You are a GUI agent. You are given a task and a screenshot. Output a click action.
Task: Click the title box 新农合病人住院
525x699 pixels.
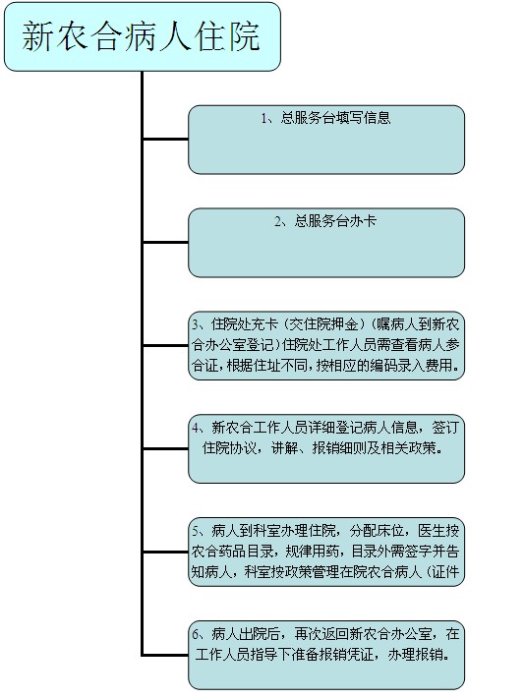pyautogui.click(x=143, y=36)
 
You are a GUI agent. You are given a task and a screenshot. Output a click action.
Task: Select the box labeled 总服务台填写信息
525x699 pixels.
pyautogui.click(x=326, y=140)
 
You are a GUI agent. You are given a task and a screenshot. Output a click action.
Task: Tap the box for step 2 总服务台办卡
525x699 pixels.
pyautogui.click(x=326, y=243)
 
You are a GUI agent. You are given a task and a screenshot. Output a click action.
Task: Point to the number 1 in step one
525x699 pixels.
pyautogui.click(x=264, y=118)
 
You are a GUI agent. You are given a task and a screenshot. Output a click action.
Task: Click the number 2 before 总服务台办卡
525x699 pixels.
pyautogui.click(x=278, y=221)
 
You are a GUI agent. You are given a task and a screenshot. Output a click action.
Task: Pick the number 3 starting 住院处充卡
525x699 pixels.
pyautogui.click(x=196, y=324)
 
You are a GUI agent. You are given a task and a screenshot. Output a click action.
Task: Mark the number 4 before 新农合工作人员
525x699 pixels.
pyautogui.click(x=196, y=428)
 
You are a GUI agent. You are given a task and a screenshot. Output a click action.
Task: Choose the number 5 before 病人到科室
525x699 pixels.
pyautogui.click(x=196, y=531)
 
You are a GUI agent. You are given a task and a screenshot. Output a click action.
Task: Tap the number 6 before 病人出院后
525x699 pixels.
pyautogui.click(x=196, y=634)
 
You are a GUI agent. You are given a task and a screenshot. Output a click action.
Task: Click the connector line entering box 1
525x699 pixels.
pyautogui.click(x=165, y=139)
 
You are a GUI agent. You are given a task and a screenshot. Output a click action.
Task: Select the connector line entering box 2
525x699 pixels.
pyautogui.click(x=165, y=243)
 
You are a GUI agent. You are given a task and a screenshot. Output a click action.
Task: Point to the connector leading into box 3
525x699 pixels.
pyautogui.click(x=165, y=345)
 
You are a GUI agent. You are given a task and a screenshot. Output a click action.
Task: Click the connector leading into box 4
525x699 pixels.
pyautogui.click(x=165, y=448)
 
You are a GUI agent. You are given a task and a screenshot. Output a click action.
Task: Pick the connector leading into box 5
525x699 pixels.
pyautogui.click(x=165, y=552)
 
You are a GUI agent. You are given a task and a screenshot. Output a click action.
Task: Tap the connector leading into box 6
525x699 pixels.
pyautogui.click(x=165, y=655)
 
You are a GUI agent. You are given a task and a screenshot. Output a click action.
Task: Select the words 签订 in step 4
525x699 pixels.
pyautogui.click(x=445, y=428)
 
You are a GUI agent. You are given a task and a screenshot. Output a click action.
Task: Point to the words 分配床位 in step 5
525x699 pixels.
pyautogui.click(x=378, y=531)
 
